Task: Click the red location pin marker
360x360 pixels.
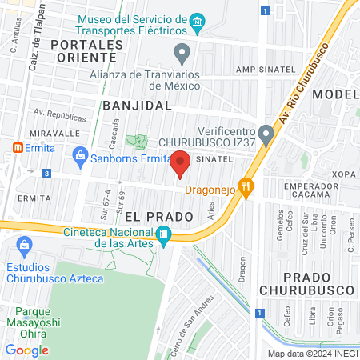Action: coord(180,163)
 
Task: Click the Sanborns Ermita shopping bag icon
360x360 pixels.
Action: coord(79,158)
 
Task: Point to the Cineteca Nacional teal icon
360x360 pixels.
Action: coord(163,234)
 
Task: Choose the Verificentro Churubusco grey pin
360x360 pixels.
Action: coord(266,130)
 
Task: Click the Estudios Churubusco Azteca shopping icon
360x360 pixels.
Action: coord(24,244)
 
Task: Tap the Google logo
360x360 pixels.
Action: coord(26,350)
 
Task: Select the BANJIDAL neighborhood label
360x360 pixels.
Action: coord(137,105)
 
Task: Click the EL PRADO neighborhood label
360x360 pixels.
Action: coord(159,216)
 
